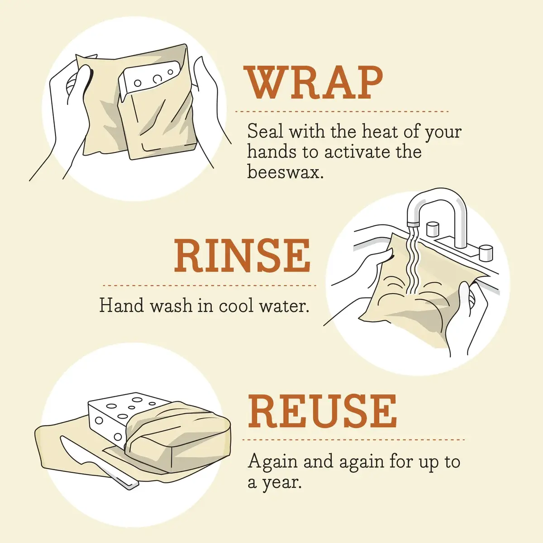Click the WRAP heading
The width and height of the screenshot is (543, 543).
click(314, 84)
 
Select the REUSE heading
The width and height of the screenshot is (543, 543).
click(322, 411)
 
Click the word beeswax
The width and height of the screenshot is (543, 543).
click(285, 172)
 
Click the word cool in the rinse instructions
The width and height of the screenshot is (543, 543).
click(237, 306)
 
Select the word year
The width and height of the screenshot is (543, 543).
click(281, 483)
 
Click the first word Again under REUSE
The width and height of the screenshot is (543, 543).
click(273, 462)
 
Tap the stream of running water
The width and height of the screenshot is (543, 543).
click(413, 262)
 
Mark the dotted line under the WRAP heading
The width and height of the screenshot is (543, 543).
click(342, 111)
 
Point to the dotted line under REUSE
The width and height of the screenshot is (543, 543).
click(353, 439)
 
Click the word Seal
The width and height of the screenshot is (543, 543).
click(265, 132)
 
